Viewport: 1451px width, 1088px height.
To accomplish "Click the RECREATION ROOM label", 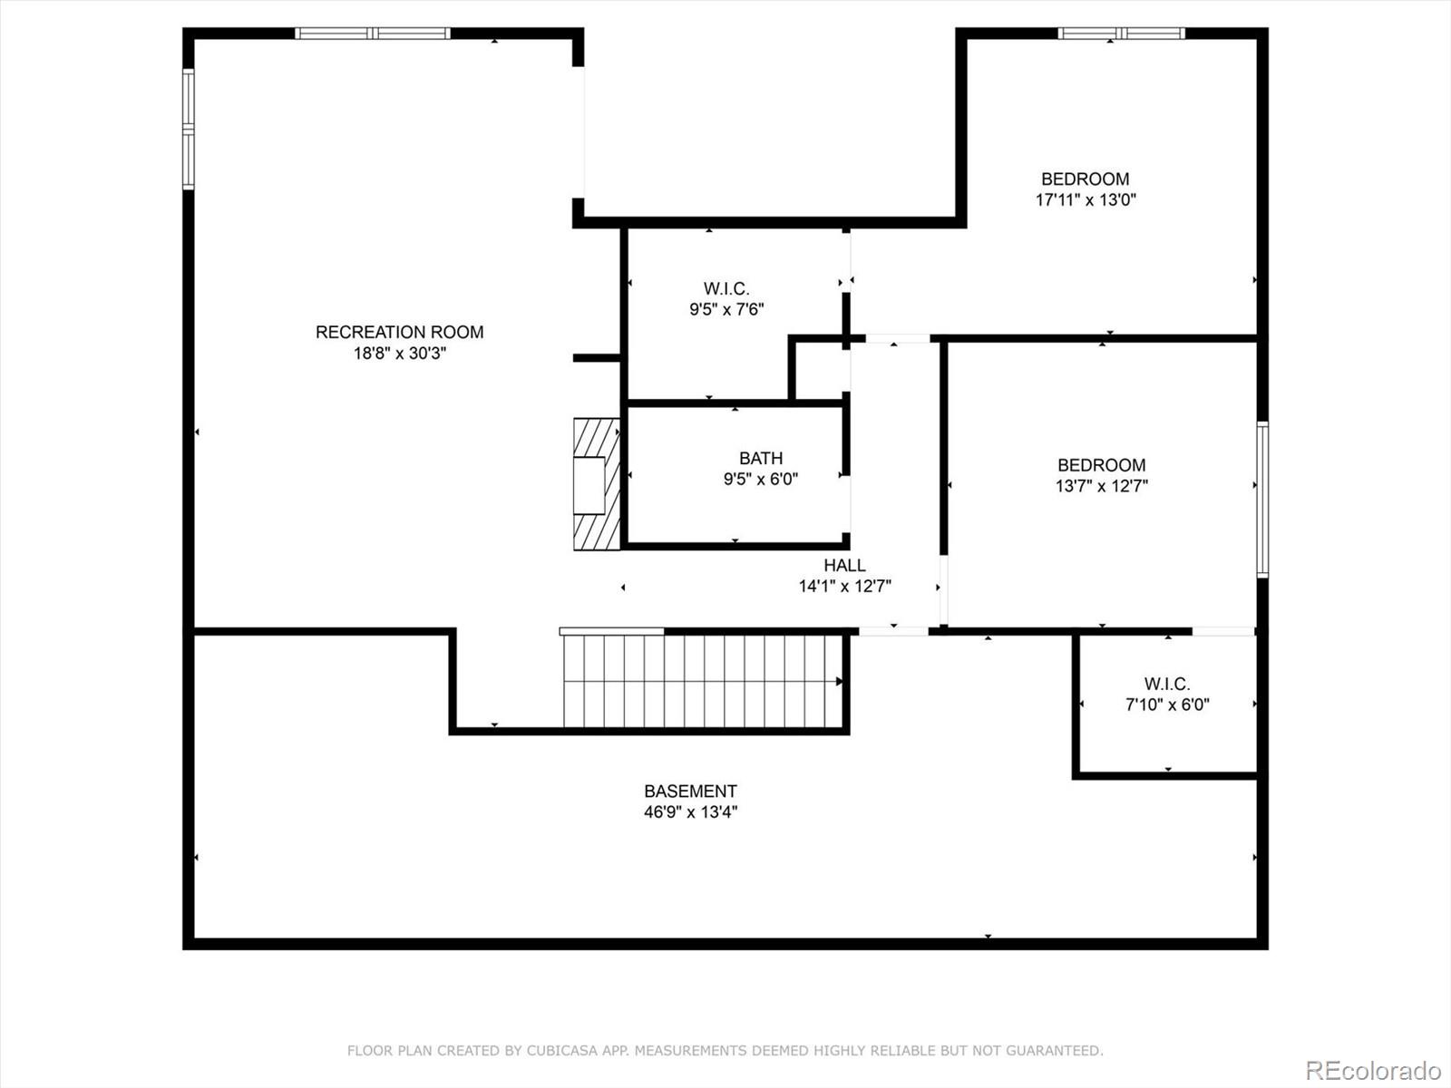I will click(399, 332).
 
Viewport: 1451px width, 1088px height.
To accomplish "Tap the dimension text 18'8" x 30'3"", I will click(399, 354).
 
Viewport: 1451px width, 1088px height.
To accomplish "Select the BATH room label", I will click(760, 458).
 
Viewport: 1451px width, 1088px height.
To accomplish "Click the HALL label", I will click(844, 565).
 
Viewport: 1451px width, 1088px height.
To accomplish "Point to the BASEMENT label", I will click(690, 791).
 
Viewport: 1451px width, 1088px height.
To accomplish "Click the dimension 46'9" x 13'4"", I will click(690, 812).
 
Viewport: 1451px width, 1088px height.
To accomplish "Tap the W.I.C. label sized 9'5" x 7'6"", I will click(726, 288).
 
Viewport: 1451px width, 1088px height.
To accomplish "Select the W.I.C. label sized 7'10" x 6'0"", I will click(1167, 684).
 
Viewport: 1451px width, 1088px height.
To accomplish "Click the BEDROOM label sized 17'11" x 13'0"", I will click(1085, 179).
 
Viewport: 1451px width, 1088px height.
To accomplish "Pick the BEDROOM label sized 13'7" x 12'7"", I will click(1101, 465).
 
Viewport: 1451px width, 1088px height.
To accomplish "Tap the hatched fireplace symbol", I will click(596, 484).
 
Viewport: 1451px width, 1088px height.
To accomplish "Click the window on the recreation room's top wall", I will click(372, 34).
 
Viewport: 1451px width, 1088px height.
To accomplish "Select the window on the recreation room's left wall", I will click(189, 129).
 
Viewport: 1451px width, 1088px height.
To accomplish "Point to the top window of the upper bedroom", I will click(1121, 34).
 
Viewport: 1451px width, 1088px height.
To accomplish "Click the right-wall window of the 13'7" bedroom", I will click(1261, 499).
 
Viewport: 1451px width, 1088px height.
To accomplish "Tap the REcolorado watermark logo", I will click(1372, 1070).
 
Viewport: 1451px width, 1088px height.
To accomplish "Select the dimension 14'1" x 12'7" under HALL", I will click(844, 587).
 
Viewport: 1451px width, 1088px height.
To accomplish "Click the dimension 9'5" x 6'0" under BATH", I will click(760, 480).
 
